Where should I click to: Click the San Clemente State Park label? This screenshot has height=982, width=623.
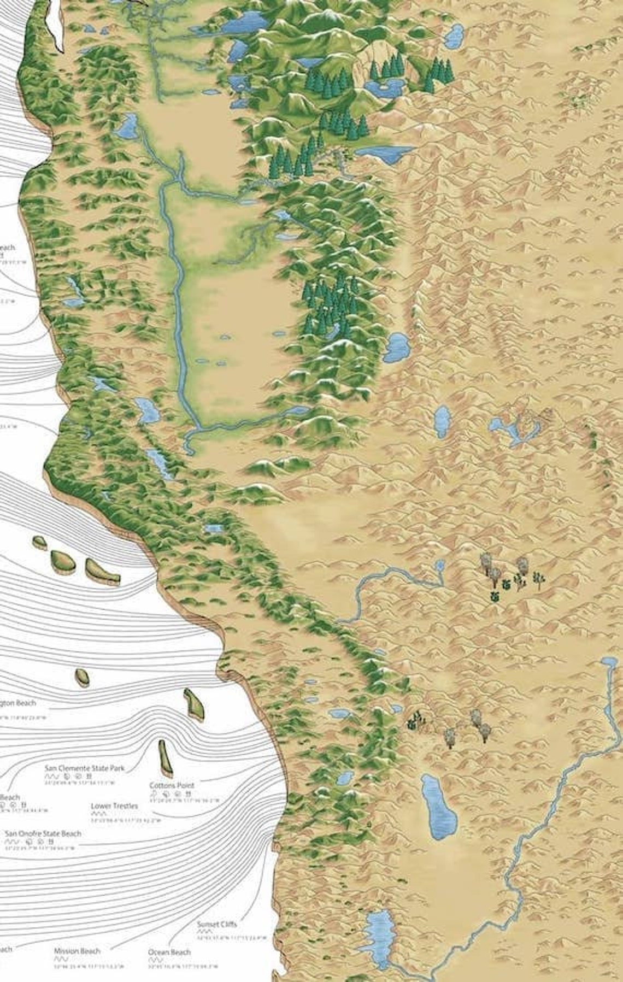point(84,768)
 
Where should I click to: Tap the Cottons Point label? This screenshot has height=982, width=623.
point(172,785)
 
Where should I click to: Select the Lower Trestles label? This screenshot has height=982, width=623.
point(114,806)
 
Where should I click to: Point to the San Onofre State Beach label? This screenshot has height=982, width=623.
point(43,833)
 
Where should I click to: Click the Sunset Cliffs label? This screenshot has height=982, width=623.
point(217,925)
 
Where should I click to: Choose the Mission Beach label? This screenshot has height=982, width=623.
point(77,951)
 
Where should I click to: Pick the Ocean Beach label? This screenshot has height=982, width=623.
point(169,952)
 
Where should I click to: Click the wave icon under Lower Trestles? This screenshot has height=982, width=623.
point(98,814)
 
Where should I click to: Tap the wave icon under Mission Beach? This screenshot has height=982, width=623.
point(60,959)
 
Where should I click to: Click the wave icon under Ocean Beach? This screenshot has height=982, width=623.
point(155,960)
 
